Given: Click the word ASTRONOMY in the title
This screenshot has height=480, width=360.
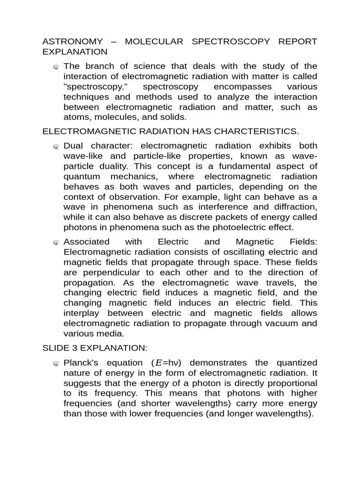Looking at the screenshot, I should (72, 41).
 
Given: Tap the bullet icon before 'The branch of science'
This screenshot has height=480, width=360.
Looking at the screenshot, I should (56, 67).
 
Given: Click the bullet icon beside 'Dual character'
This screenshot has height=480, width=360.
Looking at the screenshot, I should (56, 147).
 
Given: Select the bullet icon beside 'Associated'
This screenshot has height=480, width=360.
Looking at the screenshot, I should (56, 243).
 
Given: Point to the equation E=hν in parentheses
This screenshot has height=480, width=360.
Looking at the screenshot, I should (167, 363).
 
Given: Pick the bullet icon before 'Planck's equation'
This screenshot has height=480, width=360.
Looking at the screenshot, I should (56, 363).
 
